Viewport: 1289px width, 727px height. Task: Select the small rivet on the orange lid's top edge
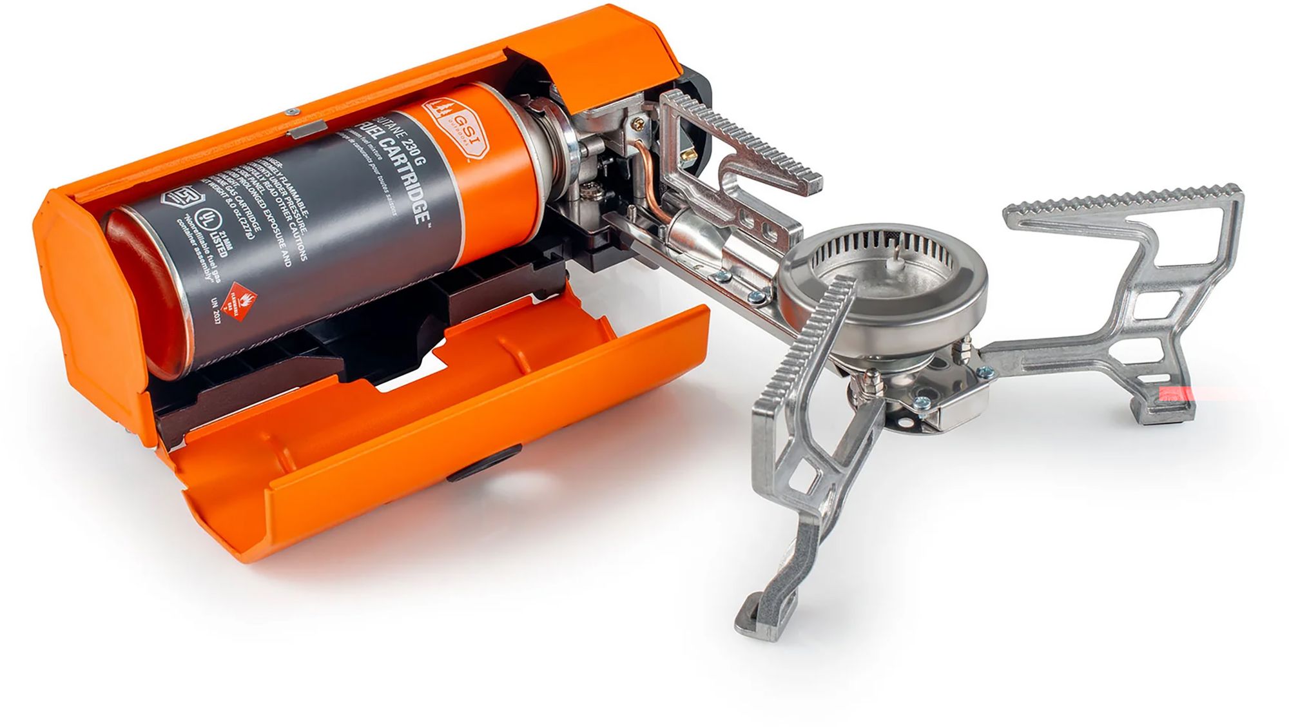(291, 110)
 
